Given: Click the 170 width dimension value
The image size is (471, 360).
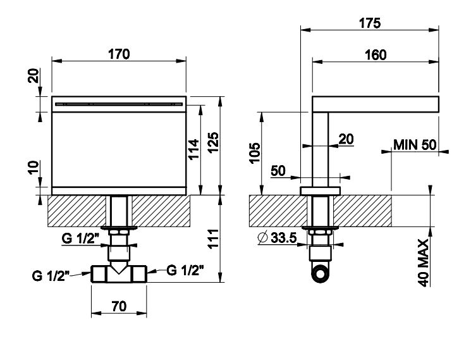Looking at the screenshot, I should [x=118, y=54].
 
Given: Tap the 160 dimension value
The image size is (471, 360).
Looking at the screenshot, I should [x=376, y=55].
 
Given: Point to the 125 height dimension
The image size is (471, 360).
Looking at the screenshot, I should [x=213, y=145].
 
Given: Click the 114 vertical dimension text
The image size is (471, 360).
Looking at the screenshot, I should [x=194, y=149].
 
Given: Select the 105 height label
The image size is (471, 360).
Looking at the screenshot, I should [x=255, y=152].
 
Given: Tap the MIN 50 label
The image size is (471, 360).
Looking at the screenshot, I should [x=415, y=144].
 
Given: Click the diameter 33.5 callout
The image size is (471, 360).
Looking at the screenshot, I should [x=276, y=238].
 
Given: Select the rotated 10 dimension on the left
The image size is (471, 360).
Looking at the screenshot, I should [x=35, y=169].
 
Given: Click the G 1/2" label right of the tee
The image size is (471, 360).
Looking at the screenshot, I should [x=185, y=270].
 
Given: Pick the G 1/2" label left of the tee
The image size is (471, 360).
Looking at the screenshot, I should [x=51, y=275].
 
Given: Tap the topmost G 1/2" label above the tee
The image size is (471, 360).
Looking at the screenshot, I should [x=80, y=239].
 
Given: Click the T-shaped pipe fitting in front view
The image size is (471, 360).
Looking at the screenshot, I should [x=119, y=273].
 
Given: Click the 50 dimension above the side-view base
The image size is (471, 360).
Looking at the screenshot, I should [x=279, y=171].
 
